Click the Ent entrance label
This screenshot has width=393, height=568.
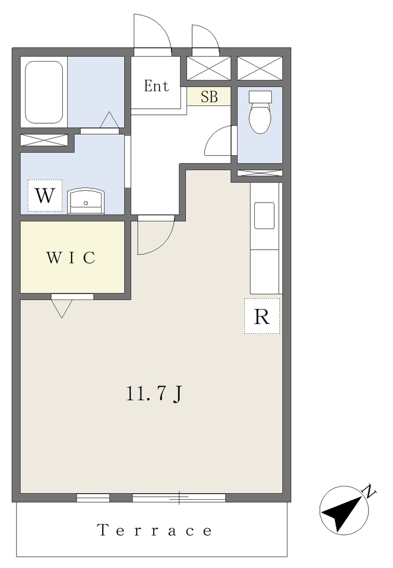point(157,86)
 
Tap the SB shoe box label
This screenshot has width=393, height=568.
point(209,97)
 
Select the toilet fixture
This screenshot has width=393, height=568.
point(260,111)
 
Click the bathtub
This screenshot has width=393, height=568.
point(44,92)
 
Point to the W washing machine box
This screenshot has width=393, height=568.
point(46,196)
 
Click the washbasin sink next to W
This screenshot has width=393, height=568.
point(85,201)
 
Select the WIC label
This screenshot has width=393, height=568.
point(71,257)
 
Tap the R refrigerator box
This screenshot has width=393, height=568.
point(262,316)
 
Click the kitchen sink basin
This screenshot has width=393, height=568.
point(264,216)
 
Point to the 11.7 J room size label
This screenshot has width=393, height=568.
point(154,394)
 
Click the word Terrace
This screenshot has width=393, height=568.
point(155,530)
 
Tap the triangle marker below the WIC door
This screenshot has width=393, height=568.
point(62,309)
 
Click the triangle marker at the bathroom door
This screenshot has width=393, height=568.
point(109,120)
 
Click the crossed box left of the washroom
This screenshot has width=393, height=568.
point(44,140)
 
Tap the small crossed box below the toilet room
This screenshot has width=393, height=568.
point(260,173)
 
